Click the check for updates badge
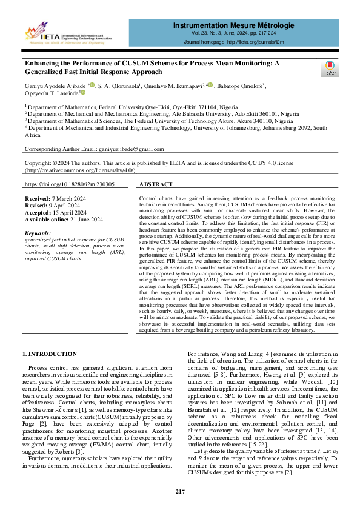[330, 69]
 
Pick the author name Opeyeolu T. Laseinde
[50, 93]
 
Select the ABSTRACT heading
[156, 184]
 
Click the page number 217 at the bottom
[180, 491]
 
